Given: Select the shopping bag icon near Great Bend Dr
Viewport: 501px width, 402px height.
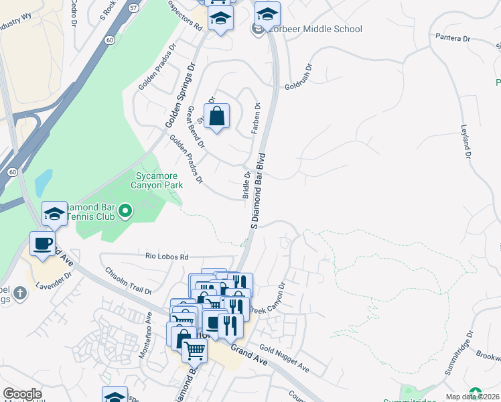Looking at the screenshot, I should [216, 117].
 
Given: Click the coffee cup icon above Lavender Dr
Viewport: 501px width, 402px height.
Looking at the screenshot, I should [43, 244].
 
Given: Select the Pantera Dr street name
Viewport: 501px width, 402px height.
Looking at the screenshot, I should [452, 38].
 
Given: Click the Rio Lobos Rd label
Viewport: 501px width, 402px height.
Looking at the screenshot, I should [167, 256].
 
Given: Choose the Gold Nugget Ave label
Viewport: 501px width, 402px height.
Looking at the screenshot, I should [284, 358].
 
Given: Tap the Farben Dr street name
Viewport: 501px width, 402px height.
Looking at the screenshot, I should [256, 118].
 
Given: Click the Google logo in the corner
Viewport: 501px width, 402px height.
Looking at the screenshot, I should [22, 394].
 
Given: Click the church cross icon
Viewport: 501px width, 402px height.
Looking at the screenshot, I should [20, 293].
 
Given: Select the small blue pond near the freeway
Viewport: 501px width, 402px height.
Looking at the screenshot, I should [42, 181].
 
